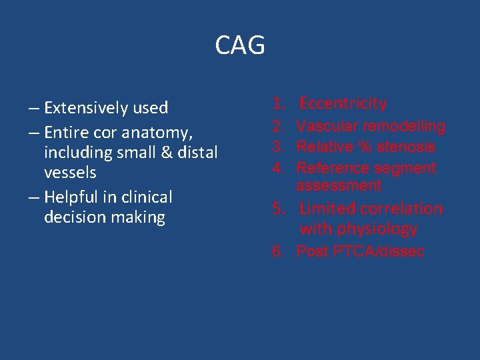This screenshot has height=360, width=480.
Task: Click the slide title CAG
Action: [x=240, y=45]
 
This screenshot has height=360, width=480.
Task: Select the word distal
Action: [x=196, y=152]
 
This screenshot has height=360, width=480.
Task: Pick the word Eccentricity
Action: [x=343, y=103]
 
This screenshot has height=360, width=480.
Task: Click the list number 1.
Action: [x=277, y=103]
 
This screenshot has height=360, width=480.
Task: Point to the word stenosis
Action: [x=406, y=147]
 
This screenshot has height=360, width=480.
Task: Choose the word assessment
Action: [x=339, y=185]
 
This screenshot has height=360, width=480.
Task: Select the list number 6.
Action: [x=277, y=251]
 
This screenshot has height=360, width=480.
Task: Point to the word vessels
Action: [x=70, y=173]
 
